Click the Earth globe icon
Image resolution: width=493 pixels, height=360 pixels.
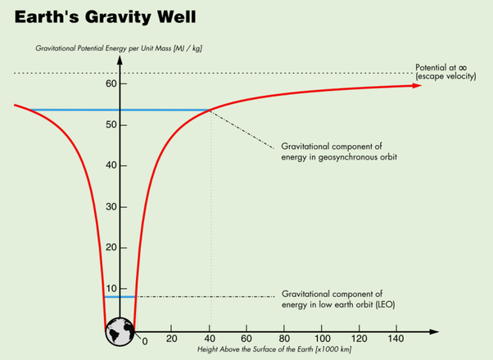(120, 329)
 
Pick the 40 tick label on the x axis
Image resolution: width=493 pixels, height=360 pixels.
(210, 339)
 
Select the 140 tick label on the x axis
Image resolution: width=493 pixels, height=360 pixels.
(396, 339)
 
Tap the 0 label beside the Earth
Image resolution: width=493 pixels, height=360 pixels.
(144, 340)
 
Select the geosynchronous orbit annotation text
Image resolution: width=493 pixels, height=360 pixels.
(339, 150)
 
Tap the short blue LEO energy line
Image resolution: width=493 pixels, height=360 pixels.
(120, 296)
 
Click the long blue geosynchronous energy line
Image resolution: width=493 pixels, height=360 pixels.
(123, 110)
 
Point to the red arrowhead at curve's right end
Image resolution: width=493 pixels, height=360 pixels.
(418, 85)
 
